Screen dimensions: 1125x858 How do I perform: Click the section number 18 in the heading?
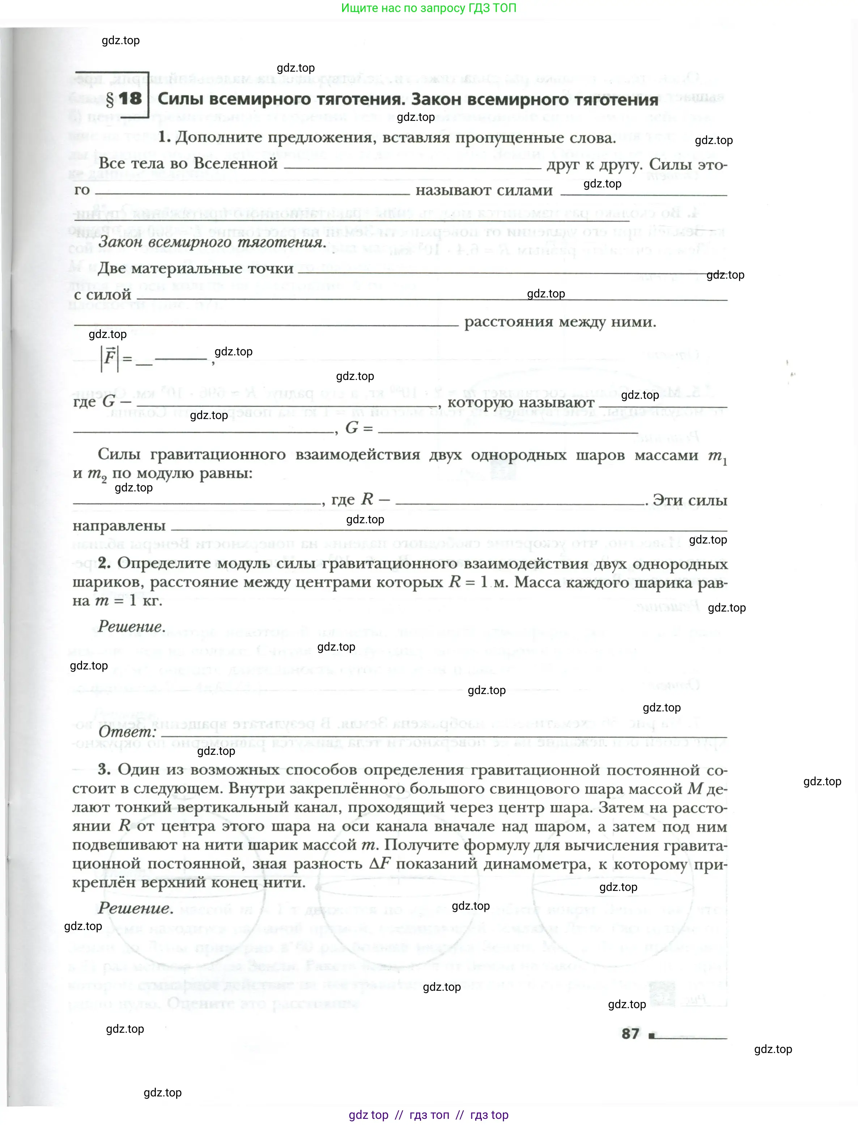click(x=130, y=98)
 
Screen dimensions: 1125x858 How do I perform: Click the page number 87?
click(x=631, y=1033)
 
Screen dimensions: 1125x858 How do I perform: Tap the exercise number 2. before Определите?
click(x=104, y=563)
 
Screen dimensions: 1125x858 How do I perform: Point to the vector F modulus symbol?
click(x=109, y=357)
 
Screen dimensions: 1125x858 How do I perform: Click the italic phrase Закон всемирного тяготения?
click(x=212, y=242)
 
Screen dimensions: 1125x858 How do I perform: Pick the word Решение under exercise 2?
click(x=132, y=626)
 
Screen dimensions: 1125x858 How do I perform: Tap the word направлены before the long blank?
click(x=119, y=526)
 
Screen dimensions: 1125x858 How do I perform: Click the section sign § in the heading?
click(x=110, y=99)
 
